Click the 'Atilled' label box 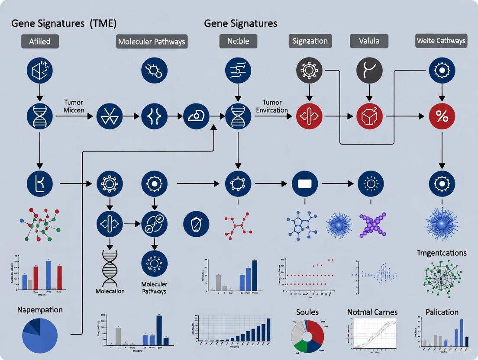[x=40, y=42]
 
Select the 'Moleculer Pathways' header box [x=152, y=42]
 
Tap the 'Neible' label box [x=238, y=41]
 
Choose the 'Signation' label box [x=310, y=41]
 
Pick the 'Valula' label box [x=369, y=41]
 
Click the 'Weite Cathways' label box [x=441, y=41]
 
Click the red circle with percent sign [x=442, y=116]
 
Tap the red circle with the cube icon [x=369, y=116]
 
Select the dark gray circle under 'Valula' [x=369, y=70]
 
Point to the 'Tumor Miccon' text [x=74, y=106]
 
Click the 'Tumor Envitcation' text [x=272, y=106]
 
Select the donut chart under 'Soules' [x=307, y=336]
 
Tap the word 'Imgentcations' [x=442, y=253]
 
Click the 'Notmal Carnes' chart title [x=372, y=312]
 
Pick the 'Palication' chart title [x=442, y=312]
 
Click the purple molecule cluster [x=372, y=223]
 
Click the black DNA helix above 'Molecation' [x=110, y=268]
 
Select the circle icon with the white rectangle [x=305, y=184]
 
